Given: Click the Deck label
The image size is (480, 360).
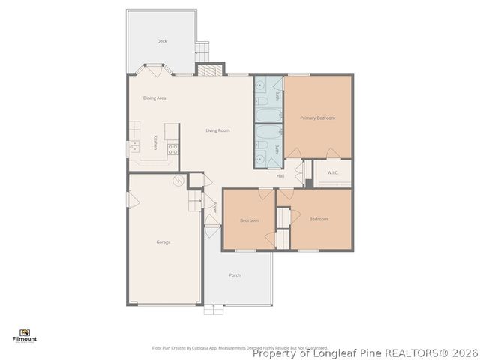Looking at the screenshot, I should [x=162, y=41].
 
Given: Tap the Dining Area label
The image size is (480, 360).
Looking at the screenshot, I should [x=154, y=98].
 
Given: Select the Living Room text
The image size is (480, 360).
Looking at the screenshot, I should [x=217, y=130].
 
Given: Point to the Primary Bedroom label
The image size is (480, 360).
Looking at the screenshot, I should [x=317, y=118].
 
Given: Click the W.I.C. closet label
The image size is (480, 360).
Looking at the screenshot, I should [x=333, y=172].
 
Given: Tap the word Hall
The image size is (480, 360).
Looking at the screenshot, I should [x=280, y=176].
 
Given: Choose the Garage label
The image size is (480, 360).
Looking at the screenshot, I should [x=163, y=241].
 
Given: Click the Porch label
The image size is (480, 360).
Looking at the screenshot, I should [x=235, y=275].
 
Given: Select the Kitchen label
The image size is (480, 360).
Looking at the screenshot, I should [x=155, y=142].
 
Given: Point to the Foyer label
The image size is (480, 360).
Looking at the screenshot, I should [x=214, y=208].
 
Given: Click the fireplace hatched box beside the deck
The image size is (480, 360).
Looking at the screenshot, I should [x=211, y=70].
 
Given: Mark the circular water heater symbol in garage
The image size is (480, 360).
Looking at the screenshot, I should [x=178, y=181].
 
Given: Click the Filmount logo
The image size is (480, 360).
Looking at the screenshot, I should [x=25, y=335].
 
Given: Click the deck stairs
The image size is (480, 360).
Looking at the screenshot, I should [x=201, y=52].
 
